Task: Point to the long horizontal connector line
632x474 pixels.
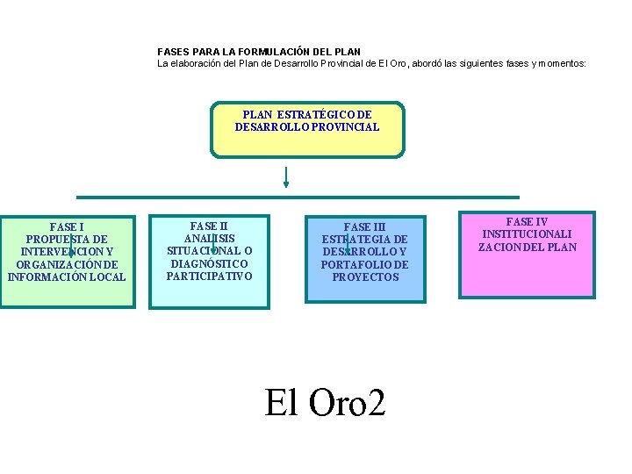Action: tap(298, 197)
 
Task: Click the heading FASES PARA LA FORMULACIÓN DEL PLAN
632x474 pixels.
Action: tap(259, 53)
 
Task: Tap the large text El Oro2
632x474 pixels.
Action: tap(325, 402)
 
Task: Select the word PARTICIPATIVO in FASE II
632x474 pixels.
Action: tap(209, 276)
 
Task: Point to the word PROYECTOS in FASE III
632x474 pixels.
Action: tap(365, 276)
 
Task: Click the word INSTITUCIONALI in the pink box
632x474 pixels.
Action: tap(527, 234)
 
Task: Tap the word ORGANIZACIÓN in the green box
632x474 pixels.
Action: tap(54, 264)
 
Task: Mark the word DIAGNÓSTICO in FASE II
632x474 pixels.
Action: tap(209, 263)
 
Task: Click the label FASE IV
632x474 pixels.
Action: tap(527, 222)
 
